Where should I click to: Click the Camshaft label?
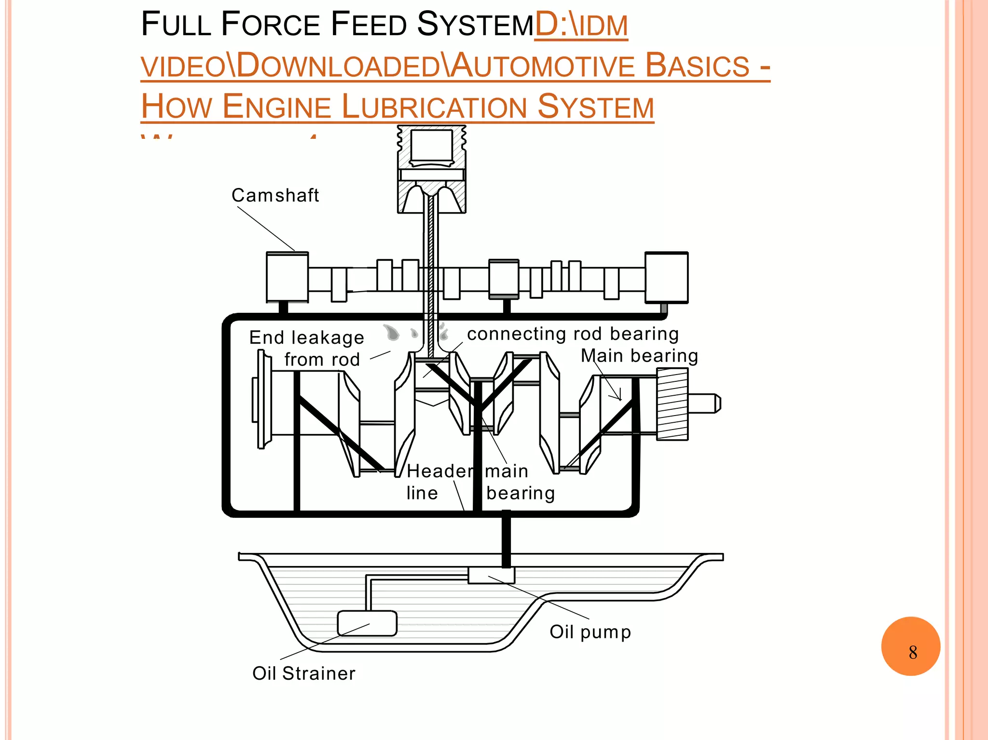click(275, 195)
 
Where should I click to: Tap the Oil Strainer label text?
click(304, 673)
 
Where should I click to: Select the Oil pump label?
click(590, 632)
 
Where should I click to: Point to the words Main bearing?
click(639, 356)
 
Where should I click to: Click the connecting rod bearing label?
click(573, 334)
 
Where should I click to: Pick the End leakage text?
click(306, 337)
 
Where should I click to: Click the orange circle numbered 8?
click(910, 646)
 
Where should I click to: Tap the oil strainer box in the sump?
click(367, 623)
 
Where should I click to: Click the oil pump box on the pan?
click(491, 575)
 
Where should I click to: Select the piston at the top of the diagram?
click(431, 169)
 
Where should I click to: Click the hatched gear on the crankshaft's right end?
click(672, 404)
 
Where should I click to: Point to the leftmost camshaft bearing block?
click(287, 278)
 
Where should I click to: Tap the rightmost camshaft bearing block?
click(666, 278)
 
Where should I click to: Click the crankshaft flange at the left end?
click(261, 399)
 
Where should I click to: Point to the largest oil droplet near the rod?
click(392, 332)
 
